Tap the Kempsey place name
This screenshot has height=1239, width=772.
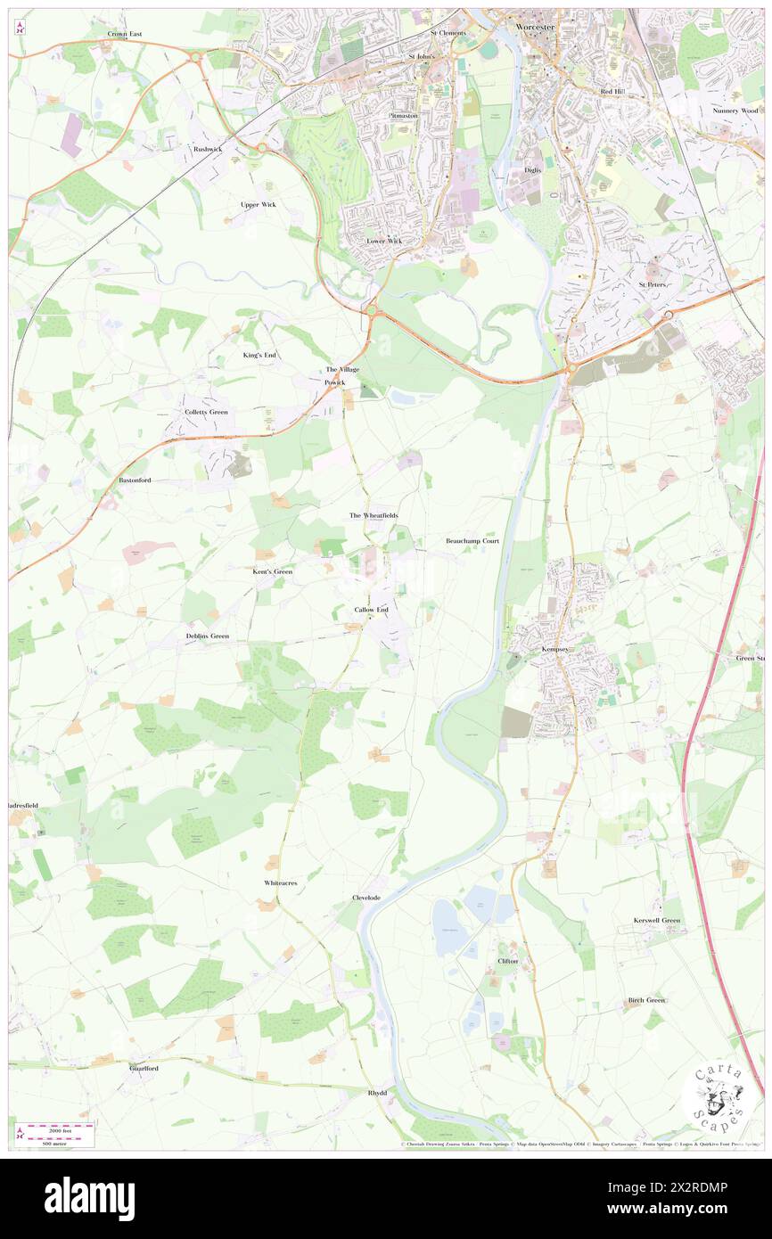click(x=554, y=649)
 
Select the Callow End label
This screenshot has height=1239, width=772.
click(x=372, y=610)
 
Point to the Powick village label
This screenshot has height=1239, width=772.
click(x=334, y=382)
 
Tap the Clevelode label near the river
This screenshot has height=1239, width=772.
click(x=366, y=898)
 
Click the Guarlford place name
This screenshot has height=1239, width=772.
click(x=144, y=1068)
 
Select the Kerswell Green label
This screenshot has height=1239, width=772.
click(x=657, y=920)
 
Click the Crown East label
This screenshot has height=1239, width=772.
click(x=125, y=34)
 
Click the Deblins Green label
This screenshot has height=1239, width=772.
click(x=208, y=636)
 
